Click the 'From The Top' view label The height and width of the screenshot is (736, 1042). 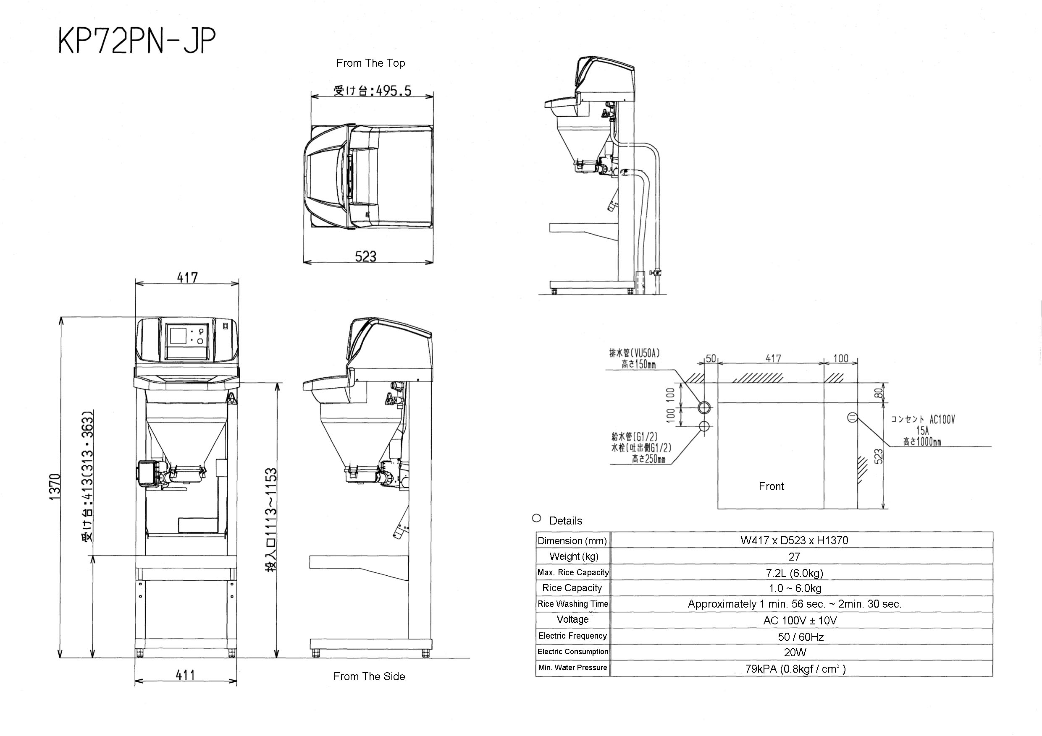(x=370, y=63)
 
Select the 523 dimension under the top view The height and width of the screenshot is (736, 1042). (x=365, y=256)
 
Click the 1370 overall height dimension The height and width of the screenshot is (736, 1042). (x=55, y=487)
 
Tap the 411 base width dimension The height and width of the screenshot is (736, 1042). (x=185, y=675)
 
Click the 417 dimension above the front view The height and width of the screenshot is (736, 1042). (x=187, y=277)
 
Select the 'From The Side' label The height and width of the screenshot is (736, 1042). (x=369, y=676)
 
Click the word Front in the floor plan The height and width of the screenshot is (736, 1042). (x=771, y=486)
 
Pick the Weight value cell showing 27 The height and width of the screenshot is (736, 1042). (x=794, y=556)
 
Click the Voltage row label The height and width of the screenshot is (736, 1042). (x=572, y=619)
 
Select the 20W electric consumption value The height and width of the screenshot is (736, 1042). (x=795, y=652)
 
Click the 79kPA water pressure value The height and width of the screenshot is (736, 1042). (x=795, y=668)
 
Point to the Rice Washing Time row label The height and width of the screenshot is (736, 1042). (x=572, y=603)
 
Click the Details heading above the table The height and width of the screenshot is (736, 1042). (x=565, y=521)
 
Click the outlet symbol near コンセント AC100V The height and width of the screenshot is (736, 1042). (x=852, y=418)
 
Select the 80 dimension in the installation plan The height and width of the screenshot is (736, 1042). (x=879, y=393)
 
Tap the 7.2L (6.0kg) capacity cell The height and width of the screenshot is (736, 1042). (x=794, y=573)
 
